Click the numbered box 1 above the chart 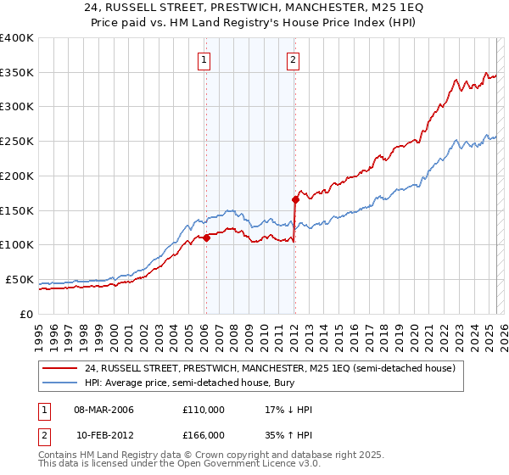point(205,59)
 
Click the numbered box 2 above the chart point(293,59)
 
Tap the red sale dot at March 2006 point(206,238)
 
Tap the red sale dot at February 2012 point(295,200)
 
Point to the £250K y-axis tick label point(17,142)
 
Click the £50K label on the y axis point(20,279)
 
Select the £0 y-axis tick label point(26,314)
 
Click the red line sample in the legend point(59,368)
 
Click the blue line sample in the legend point(59,383)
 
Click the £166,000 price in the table point(204,434)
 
